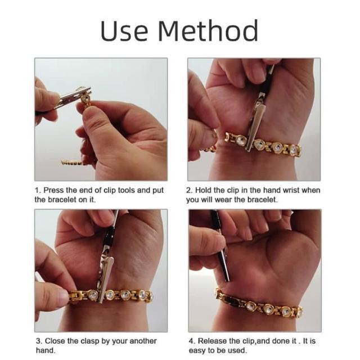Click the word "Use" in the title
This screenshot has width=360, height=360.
(x=124, y=30)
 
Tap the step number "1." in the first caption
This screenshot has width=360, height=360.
(x=38, y=190)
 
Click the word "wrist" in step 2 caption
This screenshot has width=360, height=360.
(x=291, y=190)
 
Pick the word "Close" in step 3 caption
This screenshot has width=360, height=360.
(x=55, y=341)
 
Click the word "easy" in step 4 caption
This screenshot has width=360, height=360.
(x=197, y=351)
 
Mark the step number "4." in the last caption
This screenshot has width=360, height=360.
(x=192, y=341)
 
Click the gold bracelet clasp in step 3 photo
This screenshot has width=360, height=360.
(x=77, y=296)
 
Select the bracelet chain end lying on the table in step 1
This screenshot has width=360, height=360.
(x=71, y=163)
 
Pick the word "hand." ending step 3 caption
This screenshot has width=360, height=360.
(x=46, y=351)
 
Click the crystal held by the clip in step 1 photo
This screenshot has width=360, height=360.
(x=86, y=99)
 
